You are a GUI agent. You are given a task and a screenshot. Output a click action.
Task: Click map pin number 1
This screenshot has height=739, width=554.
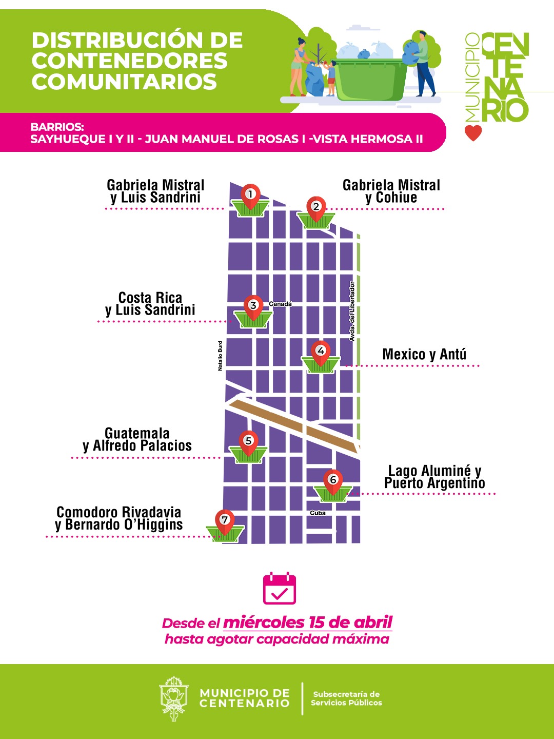(x=250, y=196)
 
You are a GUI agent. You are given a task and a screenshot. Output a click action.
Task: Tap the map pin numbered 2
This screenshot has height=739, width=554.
(x=316, y=208)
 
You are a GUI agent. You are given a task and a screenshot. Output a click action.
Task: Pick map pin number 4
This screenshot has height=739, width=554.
(x=321, y=352)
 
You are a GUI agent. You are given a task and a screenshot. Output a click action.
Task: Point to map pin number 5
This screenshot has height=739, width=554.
(x=248, y=442)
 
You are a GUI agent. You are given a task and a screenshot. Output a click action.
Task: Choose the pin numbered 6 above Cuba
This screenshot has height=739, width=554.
(x=333, y=481)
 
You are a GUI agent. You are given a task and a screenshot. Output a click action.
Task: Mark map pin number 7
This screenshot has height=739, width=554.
(x=224, y=520)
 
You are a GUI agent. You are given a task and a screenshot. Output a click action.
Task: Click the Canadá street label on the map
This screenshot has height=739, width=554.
(x=280, y=304)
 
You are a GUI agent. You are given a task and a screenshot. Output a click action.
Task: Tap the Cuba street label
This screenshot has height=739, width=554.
(x=318, y=513)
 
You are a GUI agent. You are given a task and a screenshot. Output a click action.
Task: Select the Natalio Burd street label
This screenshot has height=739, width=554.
(x=220, y=356)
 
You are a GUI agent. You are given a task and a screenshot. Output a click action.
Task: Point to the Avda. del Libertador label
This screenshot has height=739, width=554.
(x=352, y=311)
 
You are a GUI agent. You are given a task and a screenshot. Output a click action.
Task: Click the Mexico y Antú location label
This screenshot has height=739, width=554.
(x=424, y=354)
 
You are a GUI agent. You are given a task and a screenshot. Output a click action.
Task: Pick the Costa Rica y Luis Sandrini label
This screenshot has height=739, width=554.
(x=150, y=304)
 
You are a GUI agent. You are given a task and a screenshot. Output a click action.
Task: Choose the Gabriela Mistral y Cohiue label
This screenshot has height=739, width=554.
(x=391, y=191)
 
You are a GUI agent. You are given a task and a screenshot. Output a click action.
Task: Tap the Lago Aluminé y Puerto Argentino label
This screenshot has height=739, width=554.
(x=434, y=477)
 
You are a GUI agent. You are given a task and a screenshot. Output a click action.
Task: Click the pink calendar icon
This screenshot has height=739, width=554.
(x=280, y=589)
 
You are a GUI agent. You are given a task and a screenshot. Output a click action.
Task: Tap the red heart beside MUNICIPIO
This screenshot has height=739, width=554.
(x=473, y=133)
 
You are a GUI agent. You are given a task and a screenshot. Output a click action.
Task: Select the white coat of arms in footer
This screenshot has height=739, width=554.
(x=174, y=698)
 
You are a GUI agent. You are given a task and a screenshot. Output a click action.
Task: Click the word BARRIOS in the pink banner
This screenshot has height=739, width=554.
(x=57, y=127)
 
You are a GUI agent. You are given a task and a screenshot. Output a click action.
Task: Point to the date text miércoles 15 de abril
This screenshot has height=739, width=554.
(x=308, y=623)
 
